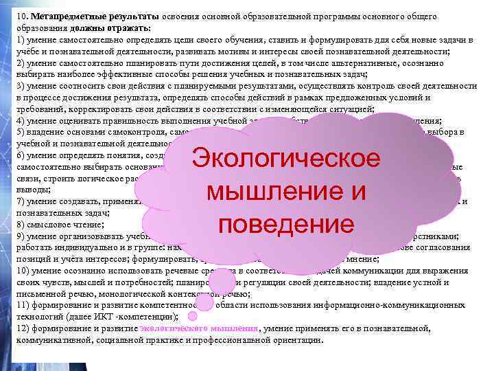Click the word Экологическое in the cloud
point(286,159)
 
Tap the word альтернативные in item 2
point(324,63)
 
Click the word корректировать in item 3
point(100,108)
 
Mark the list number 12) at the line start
point(22,329)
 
